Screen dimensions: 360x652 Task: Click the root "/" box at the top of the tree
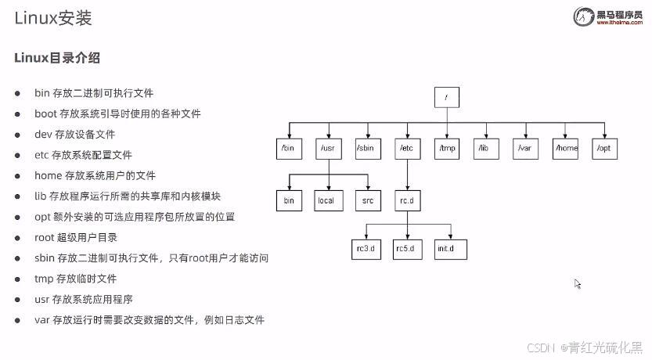click(447, 97)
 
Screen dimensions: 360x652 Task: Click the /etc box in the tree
click(407, 148)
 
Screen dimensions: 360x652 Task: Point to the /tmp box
click(447, 148)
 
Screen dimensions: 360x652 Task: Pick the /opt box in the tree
click(604, 148)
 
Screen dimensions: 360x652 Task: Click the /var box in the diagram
click(525, 148)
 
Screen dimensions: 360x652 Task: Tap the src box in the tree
click(367, 200)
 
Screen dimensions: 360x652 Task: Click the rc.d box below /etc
click(407, 200)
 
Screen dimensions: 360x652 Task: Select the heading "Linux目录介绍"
click(57, 58)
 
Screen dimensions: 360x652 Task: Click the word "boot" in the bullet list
click(46, 113)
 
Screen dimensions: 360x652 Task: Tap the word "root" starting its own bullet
click(45, 237)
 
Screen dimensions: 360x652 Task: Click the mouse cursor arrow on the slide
click(578, 284)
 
